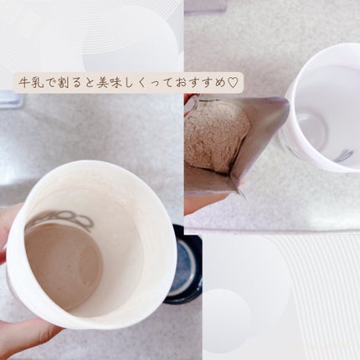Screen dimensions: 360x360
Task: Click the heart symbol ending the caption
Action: pyautogui.click(x=234, y=81)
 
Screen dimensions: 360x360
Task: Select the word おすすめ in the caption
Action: pyautogui.click(x=202, y=81)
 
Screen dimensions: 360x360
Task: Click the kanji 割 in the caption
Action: pyautogui.click(x=67, y=81)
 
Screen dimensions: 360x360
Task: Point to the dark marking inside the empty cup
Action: pyautogui.click(x=343, y=155)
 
